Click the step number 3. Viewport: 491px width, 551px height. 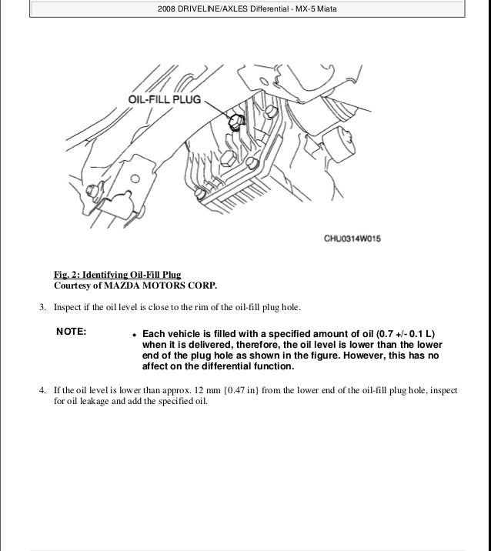click(x=42, y=309)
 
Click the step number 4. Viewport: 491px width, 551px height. click(x=42, y=390)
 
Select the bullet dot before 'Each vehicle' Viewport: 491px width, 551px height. click(x=134, y=335)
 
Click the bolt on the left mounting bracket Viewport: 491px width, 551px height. click(x=92, y=189)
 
